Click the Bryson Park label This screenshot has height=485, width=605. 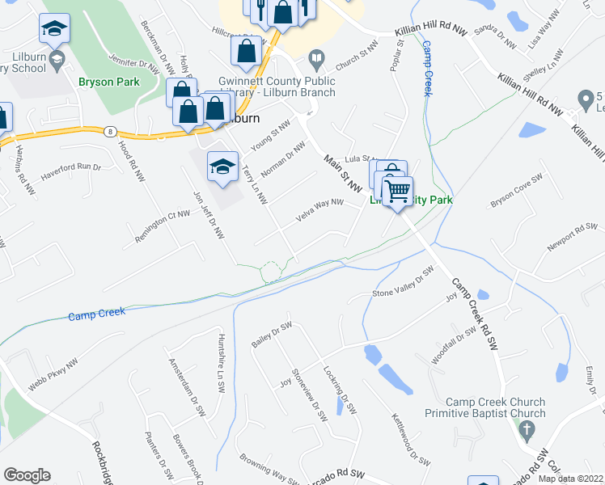pos(109,82)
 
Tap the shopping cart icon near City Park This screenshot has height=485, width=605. pos(397,192)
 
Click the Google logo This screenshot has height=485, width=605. pos(27,474)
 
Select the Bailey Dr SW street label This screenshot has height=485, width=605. pos(271,335)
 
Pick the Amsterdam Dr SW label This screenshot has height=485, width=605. pos(187,385)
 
